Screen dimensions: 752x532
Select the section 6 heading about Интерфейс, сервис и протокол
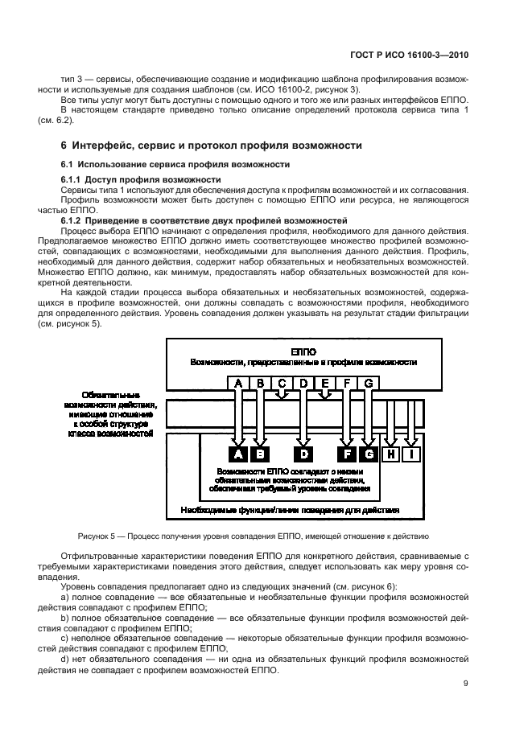(x=212, y=145)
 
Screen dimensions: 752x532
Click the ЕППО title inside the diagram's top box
(x=303, y=352)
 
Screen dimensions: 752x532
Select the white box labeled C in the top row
(x=282, y=384)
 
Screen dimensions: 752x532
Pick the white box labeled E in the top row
(x=325, y=384)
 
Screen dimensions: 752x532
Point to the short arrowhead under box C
(x=282, y=397)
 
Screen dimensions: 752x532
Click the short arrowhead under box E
(x=325, y=397)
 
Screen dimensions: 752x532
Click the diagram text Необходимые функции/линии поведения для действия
(x=290, y=511)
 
